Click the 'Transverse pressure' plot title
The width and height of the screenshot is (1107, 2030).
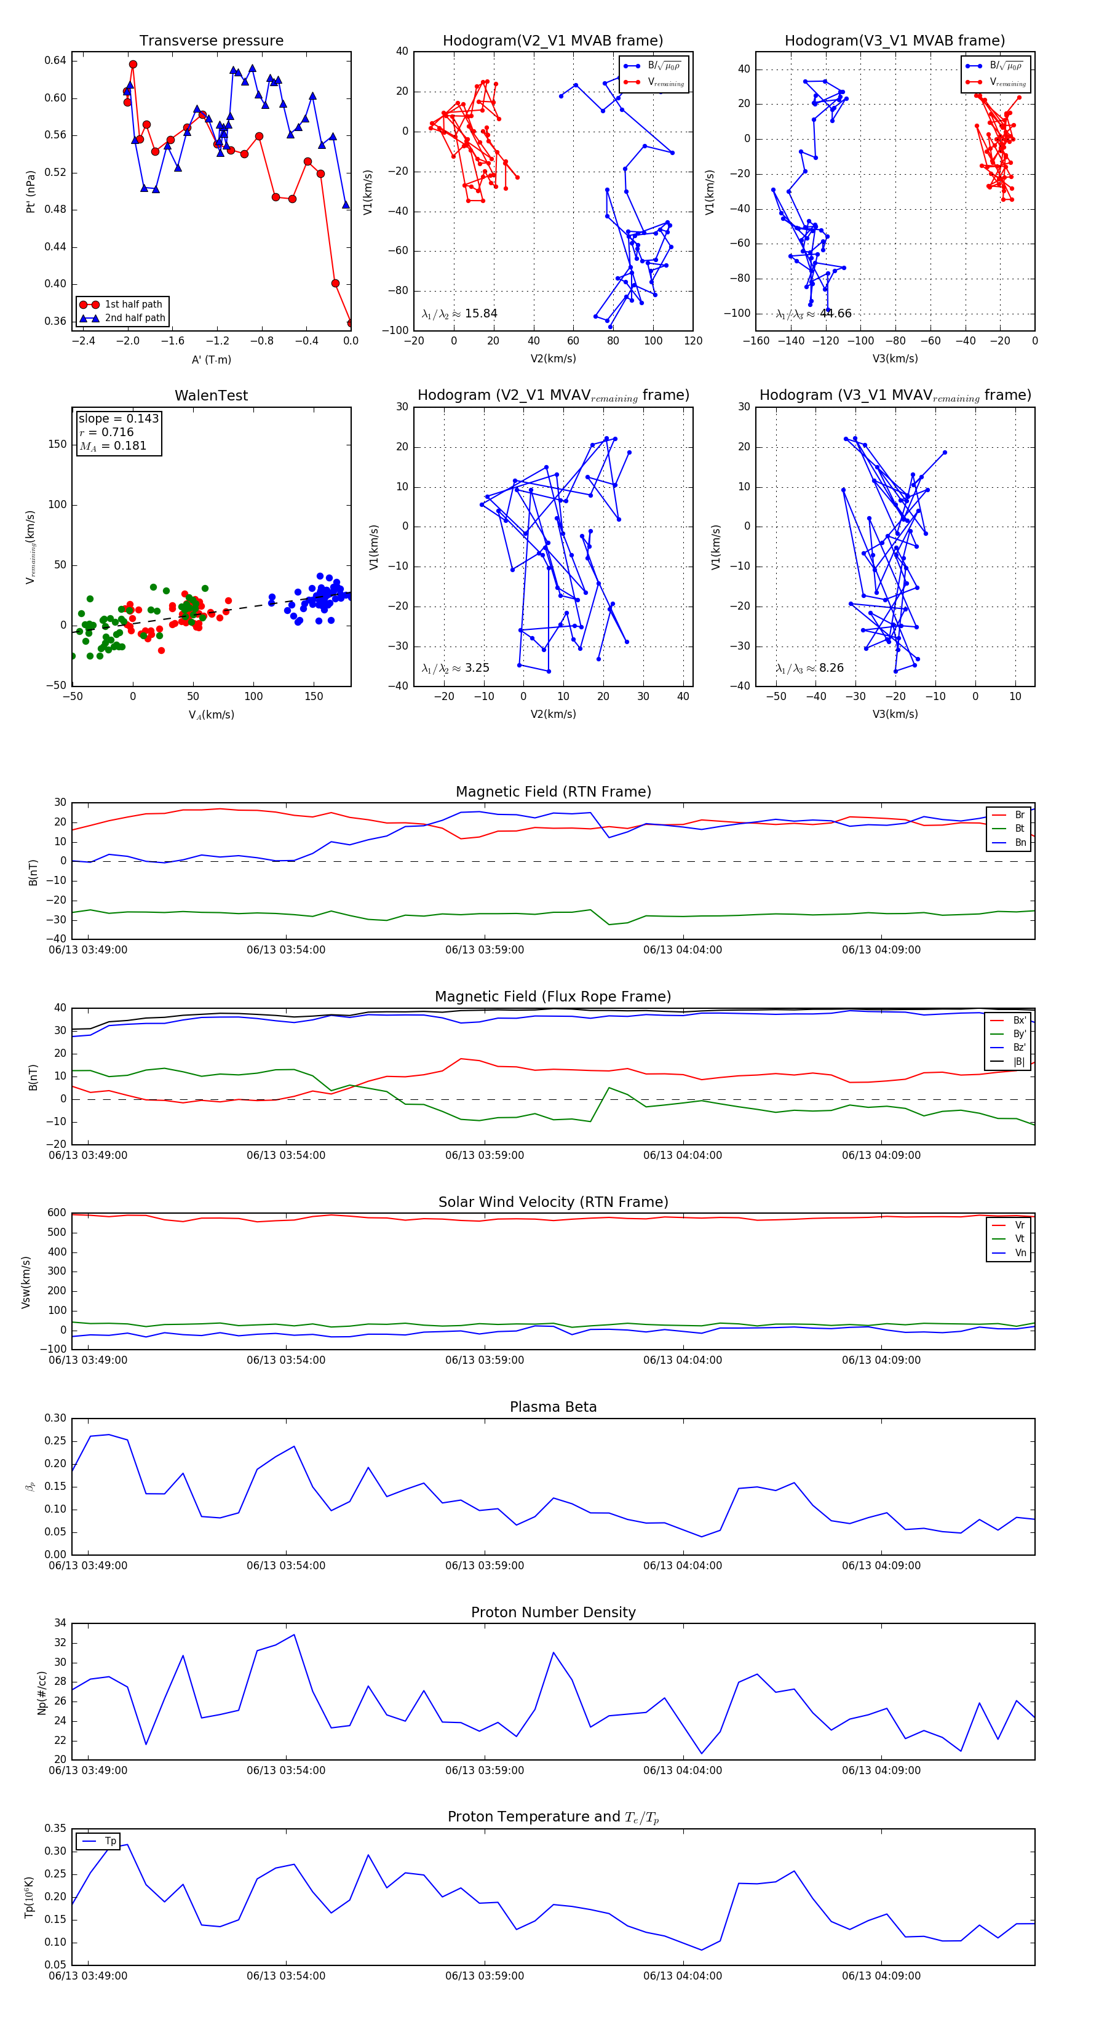pyautogui.click(x=211, y=41)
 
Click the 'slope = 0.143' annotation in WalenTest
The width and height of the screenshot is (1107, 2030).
pyautogui.click(x=118, y=418)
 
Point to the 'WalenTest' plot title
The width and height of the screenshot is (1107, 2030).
pyautogui.click(x=211, y=396)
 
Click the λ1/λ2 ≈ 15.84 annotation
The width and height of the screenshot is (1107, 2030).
pyautogui.click(x=459, y=314)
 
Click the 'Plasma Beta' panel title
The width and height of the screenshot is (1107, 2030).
pyautogui.click(x=553, y=1407)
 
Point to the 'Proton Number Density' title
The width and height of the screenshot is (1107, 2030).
pyautogui.click(x=553, y=1612)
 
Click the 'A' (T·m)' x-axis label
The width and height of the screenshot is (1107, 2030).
pyautogui.click(x=211, y=360)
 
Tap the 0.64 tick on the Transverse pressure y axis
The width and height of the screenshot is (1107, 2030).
pyautogui.click(x=55, y=61)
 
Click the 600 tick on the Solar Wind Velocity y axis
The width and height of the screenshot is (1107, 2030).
pyautogui.click(x=57, y=1213)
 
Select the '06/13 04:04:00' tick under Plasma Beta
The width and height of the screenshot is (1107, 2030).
pyautogui.click(x=682, y=1566)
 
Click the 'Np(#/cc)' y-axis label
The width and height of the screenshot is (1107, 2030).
pyautogui.click(x=42, y=1693)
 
